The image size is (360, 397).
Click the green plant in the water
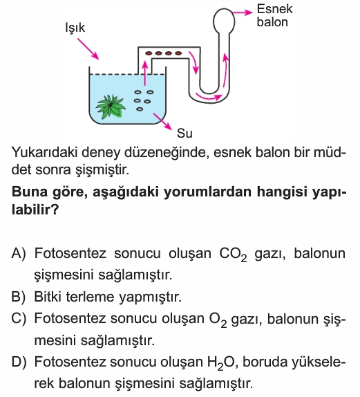coord(111,107)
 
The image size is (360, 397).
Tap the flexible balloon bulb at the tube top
coord(224,21)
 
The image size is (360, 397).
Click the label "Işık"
coord(75,28)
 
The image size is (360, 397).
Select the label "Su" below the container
coord(184,133)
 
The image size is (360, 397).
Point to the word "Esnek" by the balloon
coord(274,10)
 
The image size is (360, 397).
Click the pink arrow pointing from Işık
coord(88,49)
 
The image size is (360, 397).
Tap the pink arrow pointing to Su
coord(162,122)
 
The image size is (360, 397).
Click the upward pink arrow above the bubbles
coord(144,73)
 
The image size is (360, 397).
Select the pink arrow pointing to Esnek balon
coord(243,12)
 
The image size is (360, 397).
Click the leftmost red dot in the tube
coord(149,53)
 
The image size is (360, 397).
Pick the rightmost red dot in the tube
coord(178,53)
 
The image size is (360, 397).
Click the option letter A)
coord(19,253)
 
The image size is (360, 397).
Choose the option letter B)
coord(19,297)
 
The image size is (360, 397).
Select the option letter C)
coord(19,318)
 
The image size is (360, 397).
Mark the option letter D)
coord(19,362)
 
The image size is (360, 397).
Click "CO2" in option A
coord(233,255)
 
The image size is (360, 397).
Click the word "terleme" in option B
coord(90,297)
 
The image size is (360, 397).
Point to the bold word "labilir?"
coord(35,210)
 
